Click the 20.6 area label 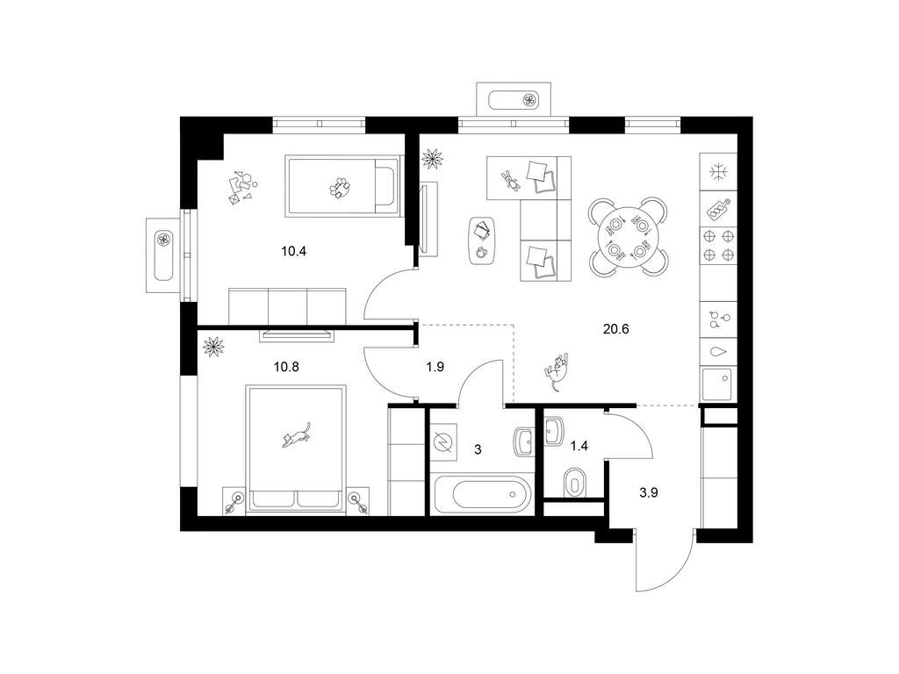616,329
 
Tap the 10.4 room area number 293,250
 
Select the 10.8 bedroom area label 286,366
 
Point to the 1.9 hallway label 435,367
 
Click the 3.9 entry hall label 649,491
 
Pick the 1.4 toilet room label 580,445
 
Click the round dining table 629,235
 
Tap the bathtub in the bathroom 483,495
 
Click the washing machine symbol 443,442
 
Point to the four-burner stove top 718,245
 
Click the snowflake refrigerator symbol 717,172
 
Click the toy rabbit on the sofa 510,180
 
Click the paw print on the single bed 340,188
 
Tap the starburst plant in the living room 432,158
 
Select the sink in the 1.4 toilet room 553,431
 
